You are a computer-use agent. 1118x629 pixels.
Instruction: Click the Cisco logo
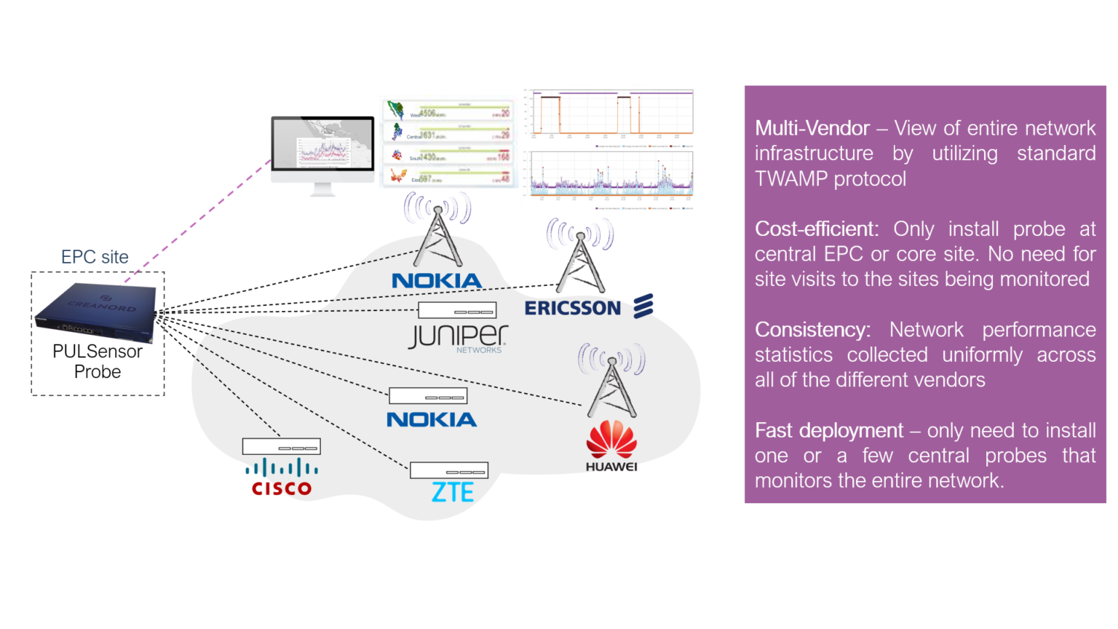282,478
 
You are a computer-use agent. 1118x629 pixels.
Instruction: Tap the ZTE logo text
452,493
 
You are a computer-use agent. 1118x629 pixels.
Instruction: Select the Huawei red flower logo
611,440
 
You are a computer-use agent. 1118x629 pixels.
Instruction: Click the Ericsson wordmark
573,308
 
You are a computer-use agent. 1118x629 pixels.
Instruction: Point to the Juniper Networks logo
458,337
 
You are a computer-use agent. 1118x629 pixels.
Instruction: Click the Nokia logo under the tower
436,281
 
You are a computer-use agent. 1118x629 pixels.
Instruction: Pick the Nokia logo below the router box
432,420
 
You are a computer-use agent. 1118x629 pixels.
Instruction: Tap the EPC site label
95,257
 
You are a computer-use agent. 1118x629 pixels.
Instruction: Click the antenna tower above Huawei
611,382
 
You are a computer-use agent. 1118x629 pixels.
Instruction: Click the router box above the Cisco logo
281,446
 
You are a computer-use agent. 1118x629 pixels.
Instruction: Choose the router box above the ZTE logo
448,470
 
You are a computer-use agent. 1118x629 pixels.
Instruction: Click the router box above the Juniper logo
457,310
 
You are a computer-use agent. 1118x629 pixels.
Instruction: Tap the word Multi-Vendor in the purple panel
812,128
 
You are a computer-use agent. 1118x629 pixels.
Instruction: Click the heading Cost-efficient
816,229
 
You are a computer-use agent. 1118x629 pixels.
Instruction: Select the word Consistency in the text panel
812,330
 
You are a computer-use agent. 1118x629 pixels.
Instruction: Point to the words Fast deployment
828,430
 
